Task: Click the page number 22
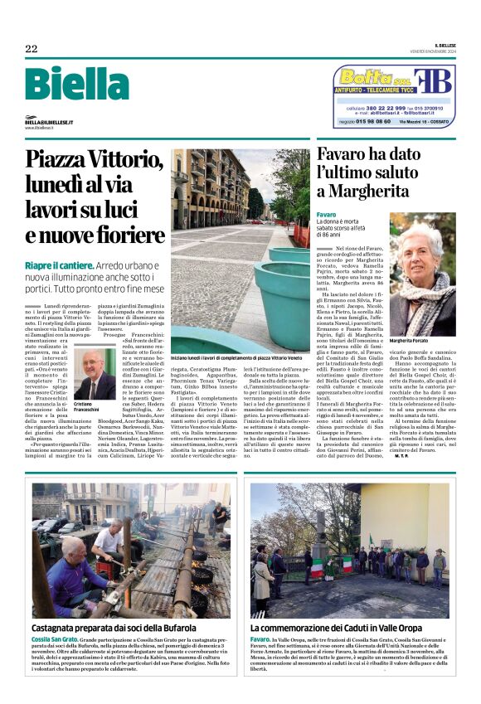point(31,49)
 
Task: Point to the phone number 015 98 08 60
point(367,121)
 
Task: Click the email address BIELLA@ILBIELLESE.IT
point(49,122)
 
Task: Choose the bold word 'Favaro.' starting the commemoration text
point(260,640)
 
